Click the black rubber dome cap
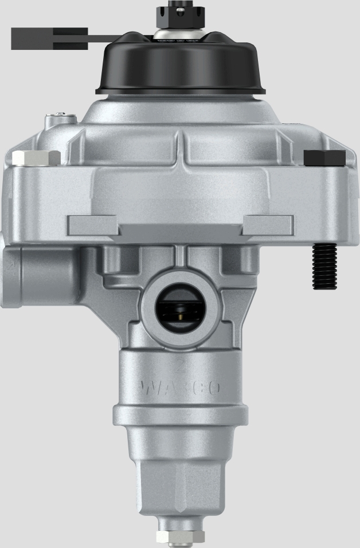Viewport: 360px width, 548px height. [181, 63]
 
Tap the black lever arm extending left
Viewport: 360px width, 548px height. [52, 38]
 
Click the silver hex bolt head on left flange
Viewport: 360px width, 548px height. [36, 158]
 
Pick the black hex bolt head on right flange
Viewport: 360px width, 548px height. [324, 158]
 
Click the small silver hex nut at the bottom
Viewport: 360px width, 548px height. [179, 537]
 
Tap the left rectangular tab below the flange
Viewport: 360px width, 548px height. [92, 225]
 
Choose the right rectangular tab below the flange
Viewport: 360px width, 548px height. [268, 225]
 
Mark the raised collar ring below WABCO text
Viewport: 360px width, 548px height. [179, 414]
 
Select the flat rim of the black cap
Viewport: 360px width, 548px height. [181, 90]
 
